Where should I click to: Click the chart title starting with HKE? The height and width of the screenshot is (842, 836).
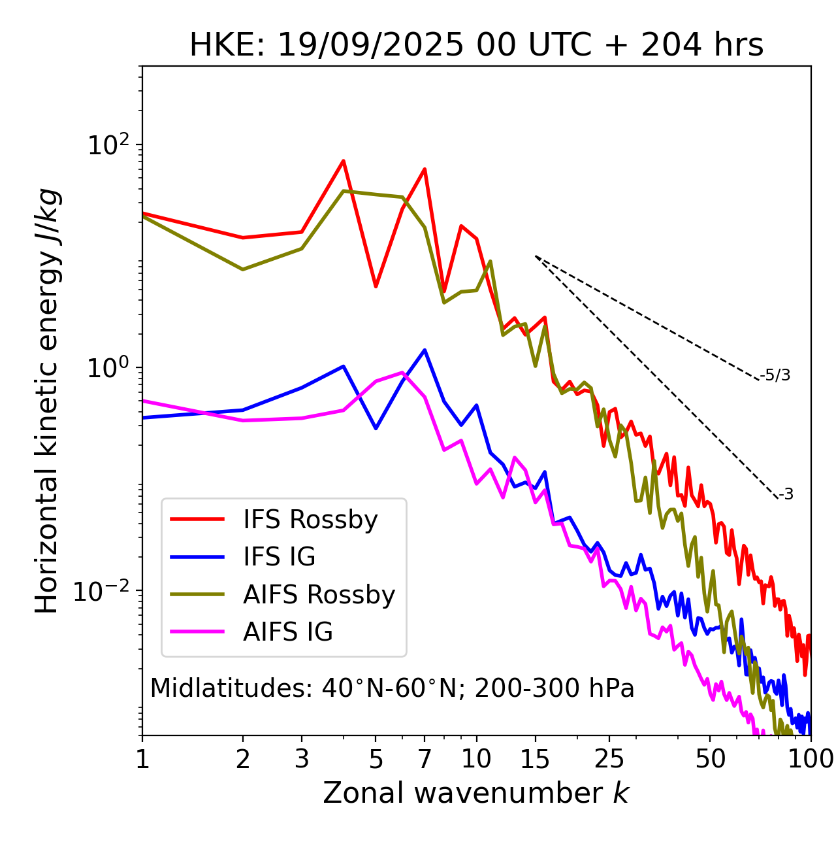[x=476, y=45]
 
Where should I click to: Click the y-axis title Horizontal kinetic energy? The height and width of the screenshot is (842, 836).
[x=47, y=401]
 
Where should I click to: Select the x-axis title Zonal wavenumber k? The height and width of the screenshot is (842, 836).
[x=476, y=793]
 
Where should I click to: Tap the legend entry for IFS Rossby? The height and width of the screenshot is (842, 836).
[x=310, y=520]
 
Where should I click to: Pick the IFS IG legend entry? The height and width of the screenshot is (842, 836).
[x=279, y=557]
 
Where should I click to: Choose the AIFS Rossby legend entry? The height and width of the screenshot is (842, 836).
[x=319, y=595]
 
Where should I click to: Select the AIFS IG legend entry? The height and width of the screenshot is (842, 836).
[x=288, y=632]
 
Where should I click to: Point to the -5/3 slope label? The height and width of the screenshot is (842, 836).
[x=775, y=375]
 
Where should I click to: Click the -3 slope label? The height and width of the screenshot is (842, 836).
[x=786, y=494]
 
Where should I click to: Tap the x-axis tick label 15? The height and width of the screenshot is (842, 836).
[x=536, y=758]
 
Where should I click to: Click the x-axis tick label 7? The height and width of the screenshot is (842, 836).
[x=425, y=758]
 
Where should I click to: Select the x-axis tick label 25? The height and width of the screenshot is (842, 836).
[x=609, y=758]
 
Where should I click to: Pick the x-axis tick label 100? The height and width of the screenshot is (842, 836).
[x=811, y=758]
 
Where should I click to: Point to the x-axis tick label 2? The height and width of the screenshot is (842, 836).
[x=243, y=758]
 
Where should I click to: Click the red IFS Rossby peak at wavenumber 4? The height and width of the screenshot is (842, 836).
[x=343, y=161]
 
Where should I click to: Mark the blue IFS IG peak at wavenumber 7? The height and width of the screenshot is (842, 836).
[x=425, y=350]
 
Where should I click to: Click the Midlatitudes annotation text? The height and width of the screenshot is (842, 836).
[x=392, y=688]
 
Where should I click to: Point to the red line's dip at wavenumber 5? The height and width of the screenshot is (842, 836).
[x=376, y=286]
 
